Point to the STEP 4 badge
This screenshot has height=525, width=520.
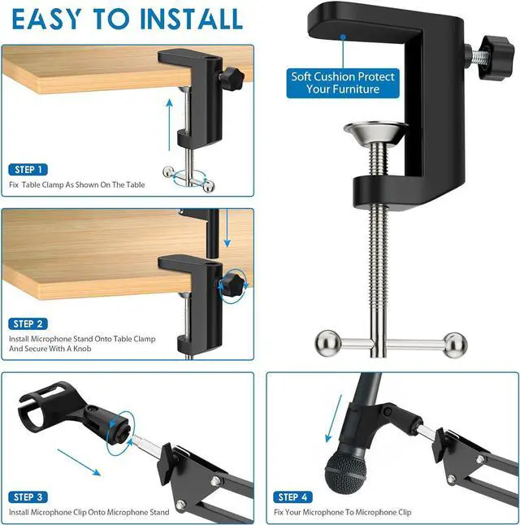(292, 497)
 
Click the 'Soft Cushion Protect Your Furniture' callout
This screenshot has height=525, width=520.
(343, 83)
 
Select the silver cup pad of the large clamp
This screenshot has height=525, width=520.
(375, 134)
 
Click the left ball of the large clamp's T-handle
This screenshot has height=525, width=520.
(324, 342)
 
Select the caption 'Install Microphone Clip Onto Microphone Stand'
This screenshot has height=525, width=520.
(89, 512)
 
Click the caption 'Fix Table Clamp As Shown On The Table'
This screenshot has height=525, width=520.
(77, 185)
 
